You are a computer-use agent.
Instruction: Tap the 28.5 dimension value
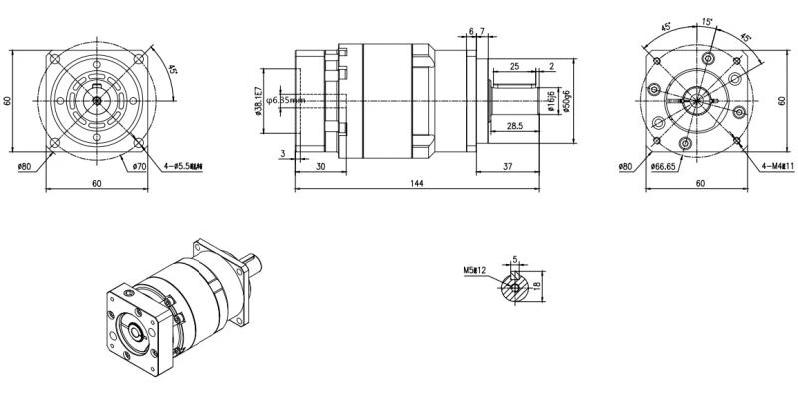[x=515, y=127]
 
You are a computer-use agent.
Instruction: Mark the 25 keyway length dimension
[x=514, y=66]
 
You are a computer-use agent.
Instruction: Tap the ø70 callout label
[x=139, y=165]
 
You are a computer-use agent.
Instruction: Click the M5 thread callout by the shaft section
[x=473, y=270]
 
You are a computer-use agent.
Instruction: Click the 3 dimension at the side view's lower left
[x=283, y=153]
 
